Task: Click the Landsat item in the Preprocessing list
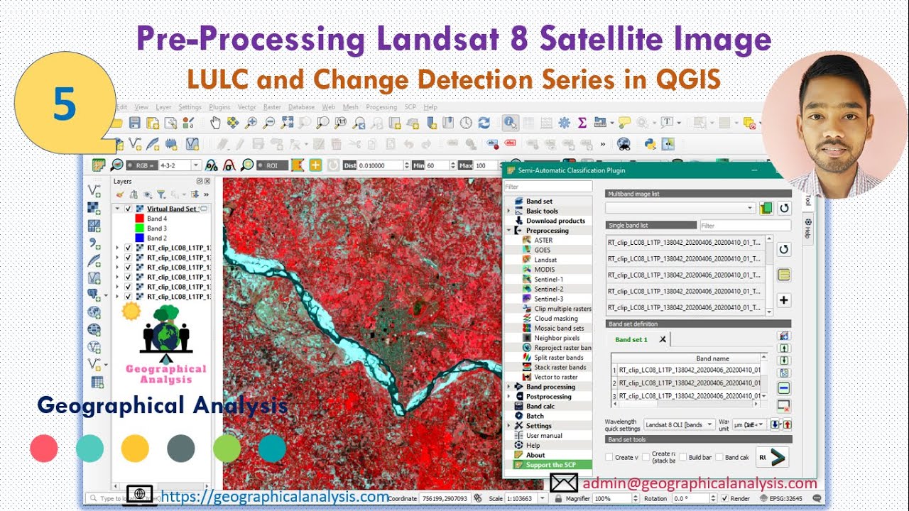(x=545, y=260)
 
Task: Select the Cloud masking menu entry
(x=555, y=319)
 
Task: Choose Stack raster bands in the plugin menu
(x=560, y=368)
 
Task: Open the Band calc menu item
(x=540, y=406)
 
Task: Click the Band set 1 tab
(x=631, y=340)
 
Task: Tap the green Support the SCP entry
(x=550, y=465)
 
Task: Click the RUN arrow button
(x=773, y=457)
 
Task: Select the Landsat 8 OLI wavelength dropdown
(x=678, y=424)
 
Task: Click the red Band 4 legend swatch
(x=140, y=219)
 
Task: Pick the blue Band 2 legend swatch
(x=140, y=238)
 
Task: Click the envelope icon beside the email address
(x=564, y=483)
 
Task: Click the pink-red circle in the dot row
(x=44, y=449)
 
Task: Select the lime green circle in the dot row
(x=227, y=449)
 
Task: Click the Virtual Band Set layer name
(x=172, y=209)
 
